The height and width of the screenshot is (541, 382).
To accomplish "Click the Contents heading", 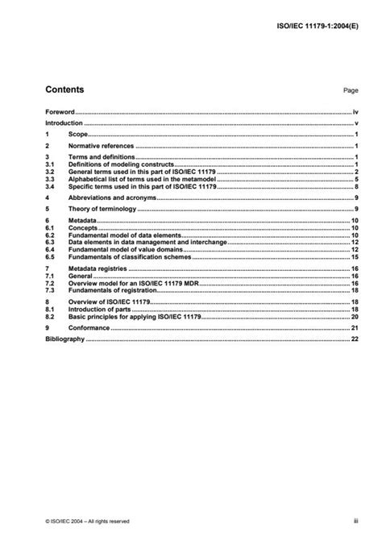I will [64, 89].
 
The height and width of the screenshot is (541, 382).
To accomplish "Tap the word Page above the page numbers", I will [350, 91].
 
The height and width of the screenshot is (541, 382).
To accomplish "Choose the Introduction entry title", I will [64, 123].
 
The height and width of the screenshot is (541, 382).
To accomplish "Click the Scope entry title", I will [78, 135].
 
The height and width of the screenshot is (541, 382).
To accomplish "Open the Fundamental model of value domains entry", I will [122, 249].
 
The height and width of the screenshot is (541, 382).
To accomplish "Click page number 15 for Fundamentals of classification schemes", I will [354, 256].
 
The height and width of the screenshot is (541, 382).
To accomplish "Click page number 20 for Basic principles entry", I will [354, 317].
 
